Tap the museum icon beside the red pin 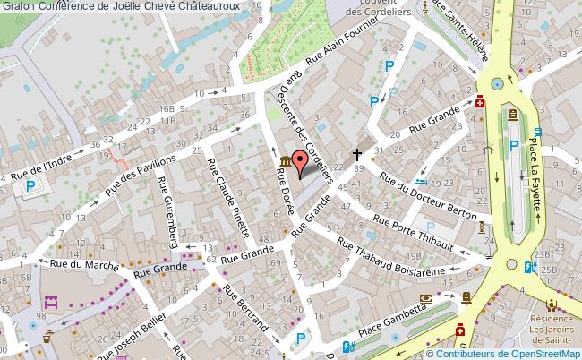click(285, 160)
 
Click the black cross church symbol click(358, 153)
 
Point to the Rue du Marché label click(70, 264)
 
